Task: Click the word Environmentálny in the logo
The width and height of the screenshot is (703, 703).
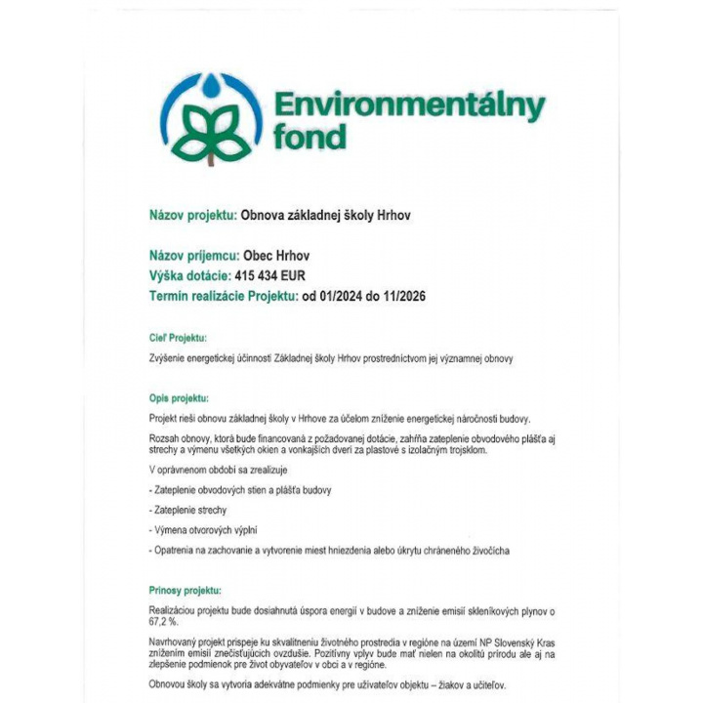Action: click(x=409, y=105)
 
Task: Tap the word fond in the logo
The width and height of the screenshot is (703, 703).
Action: click(x=310, y=136)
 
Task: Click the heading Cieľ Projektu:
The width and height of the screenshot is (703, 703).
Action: click(x=178, y=339)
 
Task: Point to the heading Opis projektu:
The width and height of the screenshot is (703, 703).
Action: click(x=179, y=397)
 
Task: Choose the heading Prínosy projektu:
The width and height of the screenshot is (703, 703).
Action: click(x=186, y=591)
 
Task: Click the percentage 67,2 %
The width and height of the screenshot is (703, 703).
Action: click(x=163, y=621)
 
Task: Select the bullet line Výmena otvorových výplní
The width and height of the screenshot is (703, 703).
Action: click(x=208, y=530)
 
